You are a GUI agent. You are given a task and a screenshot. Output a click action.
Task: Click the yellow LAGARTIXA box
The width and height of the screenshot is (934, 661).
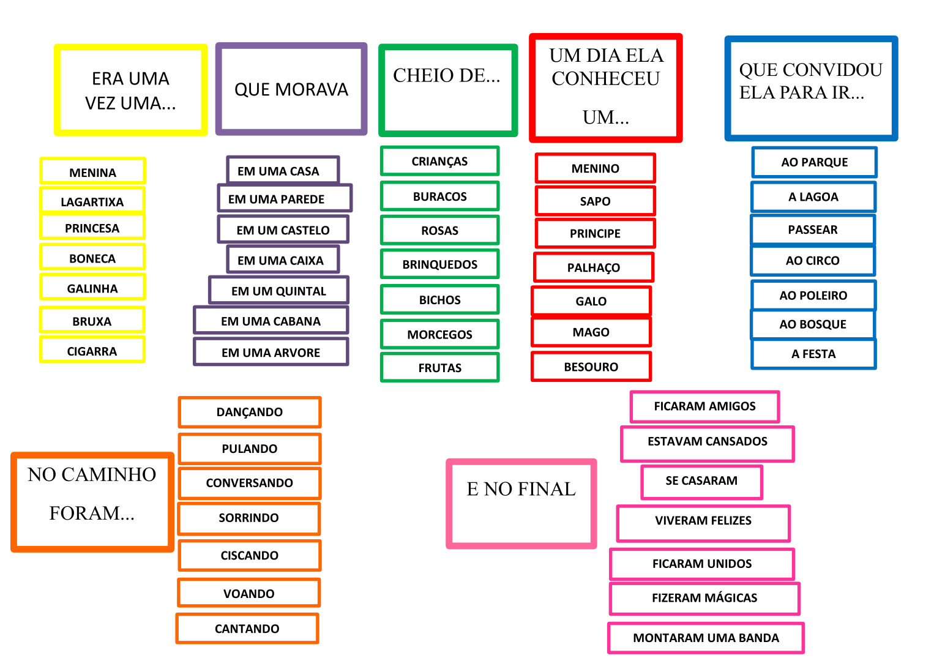point(92,201)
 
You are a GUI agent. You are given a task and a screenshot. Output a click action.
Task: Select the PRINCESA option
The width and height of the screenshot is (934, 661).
point(92,228)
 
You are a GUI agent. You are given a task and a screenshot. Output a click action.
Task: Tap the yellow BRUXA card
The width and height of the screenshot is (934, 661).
point(92,321)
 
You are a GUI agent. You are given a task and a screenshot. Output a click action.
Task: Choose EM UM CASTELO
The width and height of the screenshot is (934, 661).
point(283,230)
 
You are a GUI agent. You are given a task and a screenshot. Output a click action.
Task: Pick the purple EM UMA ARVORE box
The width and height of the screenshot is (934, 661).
point(271,352)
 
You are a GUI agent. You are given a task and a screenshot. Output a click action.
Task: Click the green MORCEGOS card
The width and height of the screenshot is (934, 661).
point(439,334)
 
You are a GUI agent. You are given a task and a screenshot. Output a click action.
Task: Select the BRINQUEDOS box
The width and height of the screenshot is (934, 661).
point(439,264)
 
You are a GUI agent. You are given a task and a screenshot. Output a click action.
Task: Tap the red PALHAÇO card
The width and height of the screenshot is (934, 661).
point(594,267)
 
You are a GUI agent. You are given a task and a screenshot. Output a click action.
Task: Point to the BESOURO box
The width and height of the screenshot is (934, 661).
point(591,367)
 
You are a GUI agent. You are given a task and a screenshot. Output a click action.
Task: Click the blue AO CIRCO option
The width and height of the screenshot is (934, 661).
point(813,261)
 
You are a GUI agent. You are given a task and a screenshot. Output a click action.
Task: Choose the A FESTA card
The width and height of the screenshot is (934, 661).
point(813,354)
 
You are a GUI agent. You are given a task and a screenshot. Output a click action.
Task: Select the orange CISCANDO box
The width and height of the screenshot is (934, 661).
point(249,555)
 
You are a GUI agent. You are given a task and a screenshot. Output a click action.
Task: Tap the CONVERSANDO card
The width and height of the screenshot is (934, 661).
point(249,483)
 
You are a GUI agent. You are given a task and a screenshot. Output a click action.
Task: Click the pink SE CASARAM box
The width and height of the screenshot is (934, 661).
point(701,481)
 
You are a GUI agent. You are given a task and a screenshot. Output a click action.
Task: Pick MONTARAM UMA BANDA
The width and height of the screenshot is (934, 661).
point(706,638)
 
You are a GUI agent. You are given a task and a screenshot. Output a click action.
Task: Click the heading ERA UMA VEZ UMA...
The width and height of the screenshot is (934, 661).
point(131,90)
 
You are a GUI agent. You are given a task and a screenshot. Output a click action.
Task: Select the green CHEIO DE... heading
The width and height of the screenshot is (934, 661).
point(448,90)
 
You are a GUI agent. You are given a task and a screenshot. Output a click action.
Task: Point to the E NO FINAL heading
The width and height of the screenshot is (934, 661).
point(521,503)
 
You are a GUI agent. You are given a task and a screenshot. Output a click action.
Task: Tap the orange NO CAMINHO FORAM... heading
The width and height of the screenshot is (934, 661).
point(92,502)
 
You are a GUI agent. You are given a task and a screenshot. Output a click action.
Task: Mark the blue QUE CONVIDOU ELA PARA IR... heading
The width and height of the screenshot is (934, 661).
point(811,88)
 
